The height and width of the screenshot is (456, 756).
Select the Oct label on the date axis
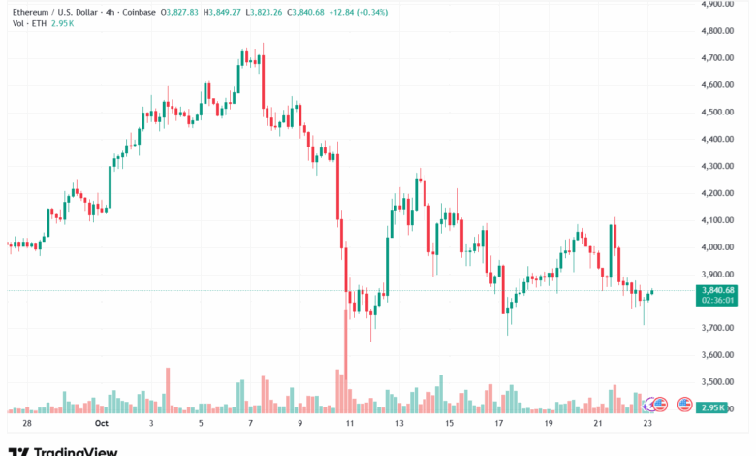pos(101,424)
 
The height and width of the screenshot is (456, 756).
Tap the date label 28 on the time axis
pos(26,424)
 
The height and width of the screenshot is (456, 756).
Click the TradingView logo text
pos(76,450)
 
